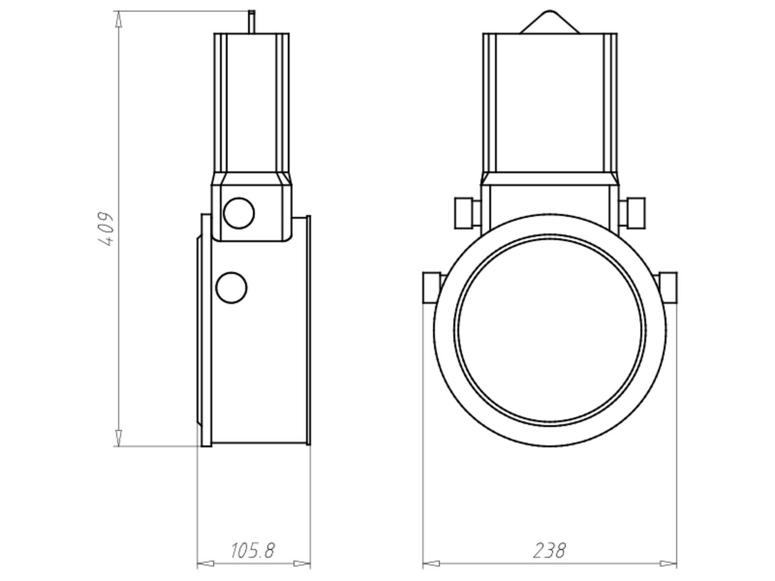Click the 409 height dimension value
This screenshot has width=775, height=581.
click(x=106, y=229)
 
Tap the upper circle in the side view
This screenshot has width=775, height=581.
click(x=239, y=213)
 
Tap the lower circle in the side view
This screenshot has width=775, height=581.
click(x=231, y=288)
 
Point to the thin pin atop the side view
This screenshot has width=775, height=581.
click(x=251, y=22)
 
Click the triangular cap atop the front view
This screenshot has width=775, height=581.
click(x=549, y=22)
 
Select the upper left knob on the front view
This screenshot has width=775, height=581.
click(x=467, y=213)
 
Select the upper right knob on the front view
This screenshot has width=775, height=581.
click(x=632, y=213)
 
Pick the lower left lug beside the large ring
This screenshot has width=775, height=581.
click(x=433, y=288)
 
